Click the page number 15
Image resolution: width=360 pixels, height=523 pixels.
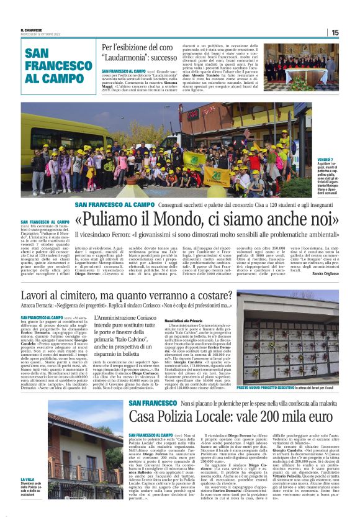coord(335,33)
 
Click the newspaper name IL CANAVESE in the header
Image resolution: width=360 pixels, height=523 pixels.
coord(31,30)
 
